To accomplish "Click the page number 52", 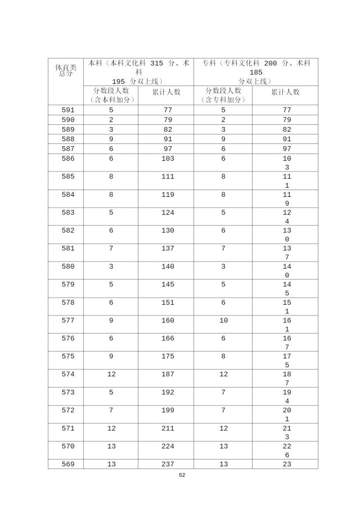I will (182, 475).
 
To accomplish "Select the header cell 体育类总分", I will (65, 70).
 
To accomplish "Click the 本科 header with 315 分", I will (138, 72).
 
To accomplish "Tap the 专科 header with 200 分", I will (256, 72).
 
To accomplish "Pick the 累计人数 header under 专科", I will (285, 92).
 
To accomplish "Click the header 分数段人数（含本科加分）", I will (111, 95).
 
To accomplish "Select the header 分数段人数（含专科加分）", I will (223, 95).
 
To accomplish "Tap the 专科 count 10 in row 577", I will (223, 321).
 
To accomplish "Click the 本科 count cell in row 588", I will (111, 139).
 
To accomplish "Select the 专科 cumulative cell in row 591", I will (285, 110).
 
